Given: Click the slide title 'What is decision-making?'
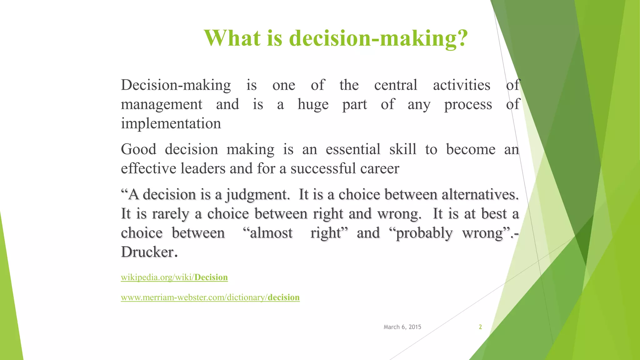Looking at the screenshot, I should (336, 38).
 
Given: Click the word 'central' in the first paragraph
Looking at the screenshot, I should (396, 85).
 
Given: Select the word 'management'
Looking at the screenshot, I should (162, 104).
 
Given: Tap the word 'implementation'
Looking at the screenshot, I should (171, 123).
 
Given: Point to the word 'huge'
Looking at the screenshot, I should (313, 104).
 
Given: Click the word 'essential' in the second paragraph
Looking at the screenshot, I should (353, 149).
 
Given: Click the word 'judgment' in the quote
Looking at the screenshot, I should (256, 195).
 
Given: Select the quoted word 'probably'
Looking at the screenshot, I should (424, 233).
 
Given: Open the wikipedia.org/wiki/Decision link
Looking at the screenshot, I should (174, 277).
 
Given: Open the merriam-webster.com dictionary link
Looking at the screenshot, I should (210, 297).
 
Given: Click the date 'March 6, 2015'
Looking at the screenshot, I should (402, 327).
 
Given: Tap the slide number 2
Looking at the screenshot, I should (480, 327).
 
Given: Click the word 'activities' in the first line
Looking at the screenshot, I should (461, 85).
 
